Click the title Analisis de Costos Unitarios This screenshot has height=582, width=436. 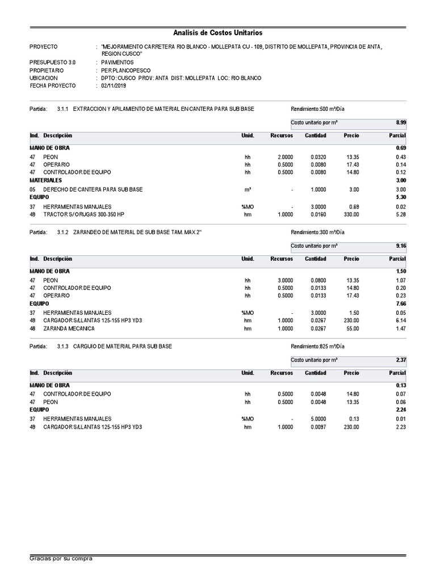[217, 34]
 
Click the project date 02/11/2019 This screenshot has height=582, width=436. [114, 86]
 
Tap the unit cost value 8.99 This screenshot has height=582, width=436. [400, 122]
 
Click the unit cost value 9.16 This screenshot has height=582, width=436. [400, 246]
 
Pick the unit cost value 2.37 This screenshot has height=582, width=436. [400, 360]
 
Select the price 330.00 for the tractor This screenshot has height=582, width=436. [350, 214]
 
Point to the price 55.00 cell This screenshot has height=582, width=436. [352, 329]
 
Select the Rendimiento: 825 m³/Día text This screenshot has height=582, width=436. [317, 347]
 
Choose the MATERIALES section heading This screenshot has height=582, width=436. [46, 180]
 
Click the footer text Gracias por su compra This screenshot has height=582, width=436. [61, 559]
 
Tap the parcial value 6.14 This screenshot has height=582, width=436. [400, 321]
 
